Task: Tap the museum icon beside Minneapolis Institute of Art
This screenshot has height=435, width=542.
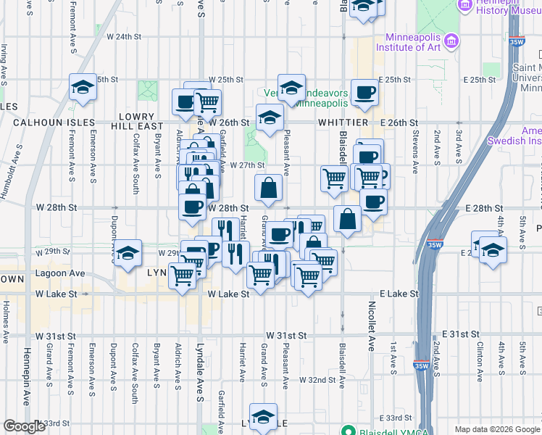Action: point(452,39)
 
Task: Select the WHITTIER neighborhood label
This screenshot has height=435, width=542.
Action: point(343,123)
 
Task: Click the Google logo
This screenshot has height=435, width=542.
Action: point(24,426)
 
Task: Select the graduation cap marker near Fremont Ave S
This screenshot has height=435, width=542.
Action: point(83,88)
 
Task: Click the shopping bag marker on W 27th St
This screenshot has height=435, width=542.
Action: point(268,188)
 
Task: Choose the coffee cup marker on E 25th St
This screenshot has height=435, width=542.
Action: point(364,93)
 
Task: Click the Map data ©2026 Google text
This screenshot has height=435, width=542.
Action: point(496,429)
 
